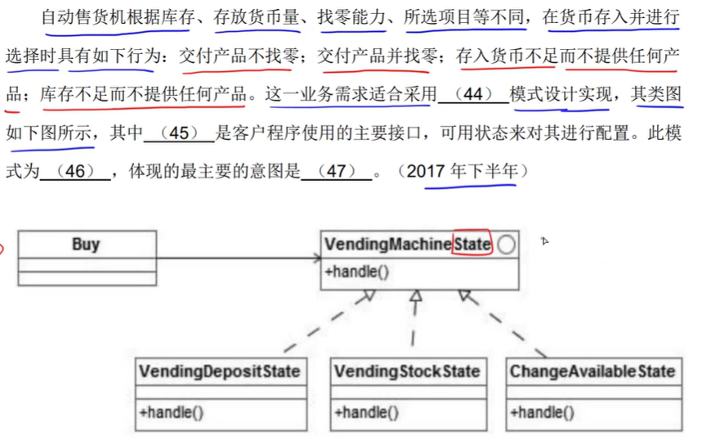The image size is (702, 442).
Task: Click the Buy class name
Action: (x=86, y=244)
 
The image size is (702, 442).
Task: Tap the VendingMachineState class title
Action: (x=407, y=244)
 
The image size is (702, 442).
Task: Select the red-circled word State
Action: (x=472, y=244)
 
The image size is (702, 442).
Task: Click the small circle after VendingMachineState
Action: (x=506, y=245)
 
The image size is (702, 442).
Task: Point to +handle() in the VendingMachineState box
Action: (x=356, y=273)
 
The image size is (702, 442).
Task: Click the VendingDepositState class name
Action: (x=220, y=372)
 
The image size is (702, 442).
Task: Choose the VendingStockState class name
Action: (x=407, y=372)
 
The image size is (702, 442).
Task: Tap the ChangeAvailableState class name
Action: (x=592, y=372)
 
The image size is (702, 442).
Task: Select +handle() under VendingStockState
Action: (x=366, y=412)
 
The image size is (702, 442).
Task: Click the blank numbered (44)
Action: (x=472, y=94)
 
